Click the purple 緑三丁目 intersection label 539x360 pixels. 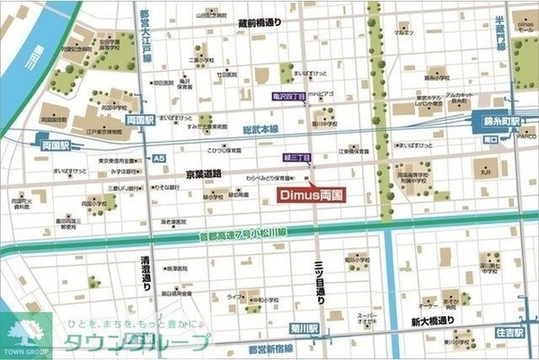297,158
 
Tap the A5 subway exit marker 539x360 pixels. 159,159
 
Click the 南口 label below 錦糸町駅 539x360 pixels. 491,140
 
